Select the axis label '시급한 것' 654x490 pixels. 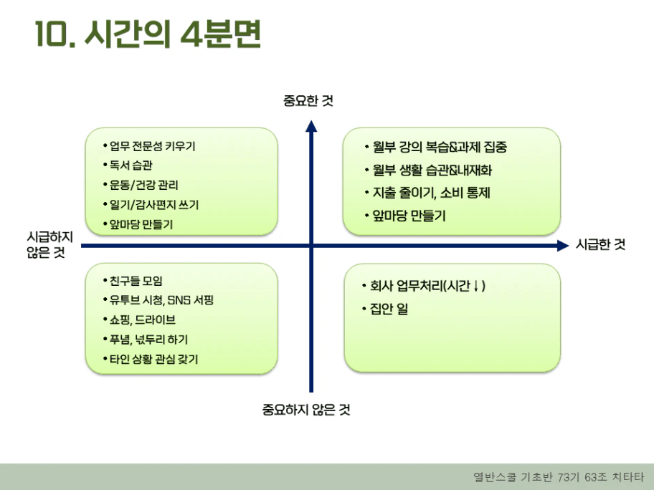[601, 245]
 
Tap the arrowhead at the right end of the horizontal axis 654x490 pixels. [562, 246]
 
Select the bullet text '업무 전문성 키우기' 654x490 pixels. [152, 146]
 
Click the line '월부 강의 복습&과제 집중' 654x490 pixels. [440, 148]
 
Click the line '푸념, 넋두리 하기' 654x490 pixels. [148, 339]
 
